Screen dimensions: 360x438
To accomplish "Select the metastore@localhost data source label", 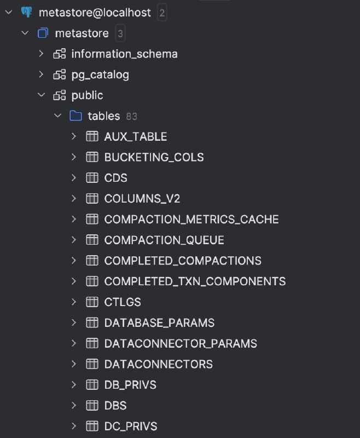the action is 95,13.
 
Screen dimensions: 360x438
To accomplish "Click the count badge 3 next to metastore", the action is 120,33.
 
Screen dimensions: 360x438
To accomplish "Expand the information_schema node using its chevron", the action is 41,54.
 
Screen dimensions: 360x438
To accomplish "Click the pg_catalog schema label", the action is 100,74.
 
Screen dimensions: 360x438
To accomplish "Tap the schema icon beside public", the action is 59,95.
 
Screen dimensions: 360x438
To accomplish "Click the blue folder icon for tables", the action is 76,116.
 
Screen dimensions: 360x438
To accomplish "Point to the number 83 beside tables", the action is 131,116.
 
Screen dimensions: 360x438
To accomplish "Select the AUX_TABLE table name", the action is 136,136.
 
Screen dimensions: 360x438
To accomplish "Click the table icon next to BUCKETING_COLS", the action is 92,157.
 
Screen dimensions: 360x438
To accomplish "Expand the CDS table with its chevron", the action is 74,178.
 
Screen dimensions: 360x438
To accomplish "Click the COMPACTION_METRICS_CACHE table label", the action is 191,220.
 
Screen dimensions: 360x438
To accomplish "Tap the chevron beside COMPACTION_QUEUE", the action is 74,240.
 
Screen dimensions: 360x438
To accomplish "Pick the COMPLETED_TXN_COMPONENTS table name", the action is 195,281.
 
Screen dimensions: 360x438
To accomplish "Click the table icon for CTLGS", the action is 92,302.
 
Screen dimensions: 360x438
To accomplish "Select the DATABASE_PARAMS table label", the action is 159,322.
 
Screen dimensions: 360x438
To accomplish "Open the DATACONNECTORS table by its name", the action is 158,364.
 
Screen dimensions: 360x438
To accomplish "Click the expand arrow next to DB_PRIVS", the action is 74,385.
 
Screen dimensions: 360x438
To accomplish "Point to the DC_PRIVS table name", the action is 131,426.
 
